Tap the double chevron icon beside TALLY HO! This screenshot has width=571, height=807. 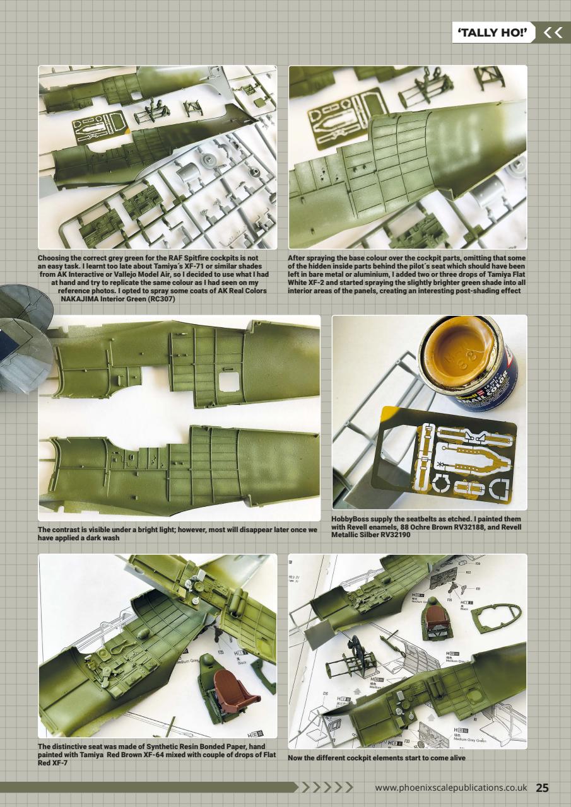(x=553, y=32)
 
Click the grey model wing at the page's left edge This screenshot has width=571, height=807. (x=22, y=340)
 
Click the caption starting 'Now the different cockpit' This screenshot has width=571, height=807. (x=376, y=757)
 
